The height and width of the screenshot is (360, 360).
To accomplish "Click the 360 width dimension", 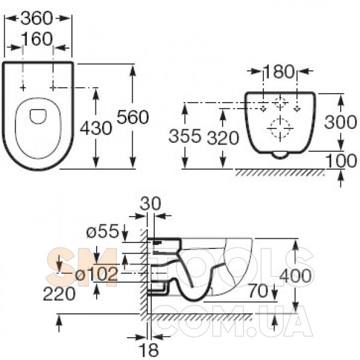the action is click(37, 19).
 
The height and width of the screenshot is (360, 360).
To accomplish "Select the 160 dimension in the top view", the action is click(37, 39).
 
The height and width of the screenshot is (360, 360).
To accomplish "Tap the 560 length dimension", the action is click(133, 117).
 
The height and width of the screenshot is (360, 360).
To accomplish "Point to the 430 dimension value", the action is click(96, 128).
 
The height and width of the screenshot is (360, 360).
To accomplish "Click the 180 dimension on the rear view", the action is click(279, 71).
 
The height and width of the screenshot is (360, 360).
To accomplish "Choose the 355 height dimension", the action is click(185, 136).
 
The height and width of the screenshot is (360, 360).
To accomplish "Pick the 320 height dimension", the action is click(223, 138).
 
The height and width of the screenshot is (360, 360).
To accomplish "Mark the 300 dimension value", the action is click(340, 122).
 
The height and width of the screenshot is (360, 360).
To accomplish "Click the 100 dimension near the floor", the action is click(341, 161).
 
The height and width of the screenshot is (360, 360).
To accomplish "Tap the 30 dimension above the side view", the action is click(151, 203).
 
